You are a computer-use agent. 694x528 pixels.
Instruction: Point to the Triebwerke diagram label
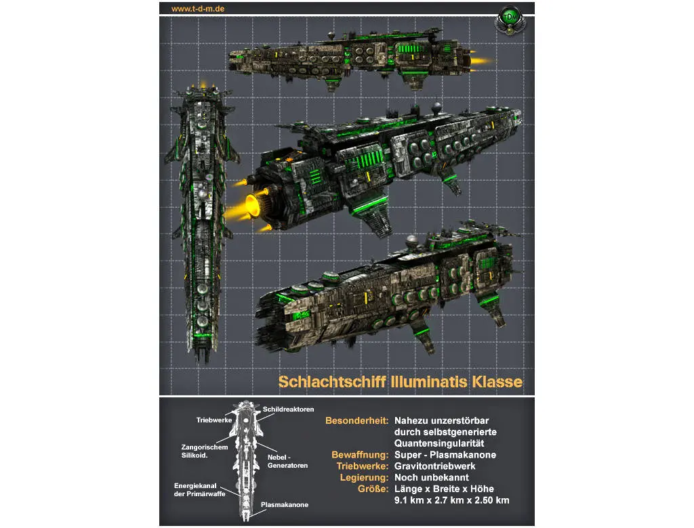[x=214, y=420]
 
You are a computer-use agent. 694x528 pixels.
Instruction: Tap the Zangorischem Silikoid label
[x=203, y=451]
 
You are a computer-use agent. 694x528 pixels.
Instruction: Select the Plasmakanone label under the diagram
[x=285, y=505]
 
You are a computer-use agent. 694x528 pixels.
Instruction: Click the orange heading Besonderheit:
[x=356, y=420]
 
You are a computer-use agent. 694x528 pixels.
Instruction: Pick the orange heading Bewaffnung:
[x=360, y=454]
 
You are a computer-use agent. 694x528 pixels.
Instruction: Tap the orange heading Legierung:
[x=364, y=477]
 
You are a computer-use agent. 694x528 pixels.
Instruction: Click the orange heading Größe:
[x=372, y=489]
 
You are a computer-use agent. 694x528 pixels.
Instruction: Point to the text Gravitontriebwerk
[x=435, y=466]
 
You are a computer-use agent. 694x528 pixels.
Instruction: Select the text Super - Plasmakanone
[x=445, y=454]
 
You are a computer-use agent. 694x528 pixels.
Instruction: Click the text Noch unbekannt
[x=431, y=477]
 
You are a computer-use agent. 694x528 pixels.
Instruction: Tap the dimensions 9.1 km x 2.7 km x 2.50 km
[x=452, y=500]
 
